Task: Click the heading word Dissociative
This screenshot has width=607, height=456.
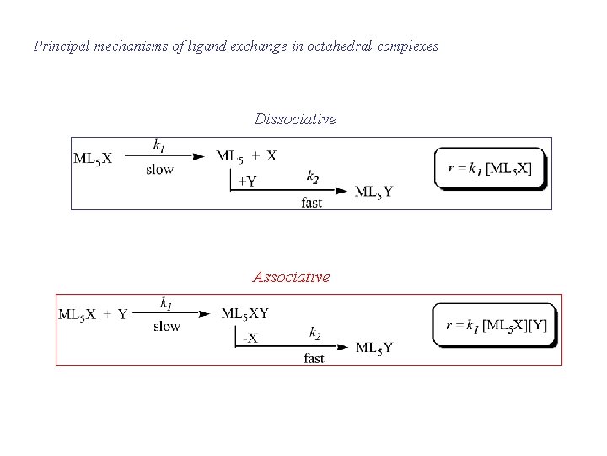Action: click(x=295, y=120)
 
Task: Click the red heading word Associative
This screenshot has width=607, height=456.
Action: click(x=291, y=277)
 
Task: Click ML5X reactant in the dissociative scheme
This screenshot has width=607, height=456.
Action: click(x=93, y=158)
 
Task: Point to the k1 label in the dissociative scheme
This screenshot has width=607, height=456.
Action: click(x=159, y=145)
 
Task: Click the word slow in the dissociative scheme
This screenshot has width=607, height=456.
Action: click(x=159, y=170)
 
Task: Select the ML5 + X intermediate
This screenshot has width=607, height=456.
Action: click(x=246, y=155)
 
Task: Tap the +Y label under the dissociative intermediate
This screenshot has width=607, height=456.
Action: click(x=247, y=181)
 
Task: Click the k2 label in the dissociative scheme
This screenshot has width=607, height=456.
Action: click(x=313, y=176)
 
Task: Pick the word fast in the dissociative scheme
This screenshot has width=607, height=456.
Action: click(x=312, y=203)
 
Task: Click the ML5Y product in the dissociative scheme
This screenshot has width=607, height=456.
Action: click(x=373, y=192)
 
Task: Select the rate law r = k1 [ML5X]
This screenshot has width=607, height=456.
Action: click(x=490, y=168)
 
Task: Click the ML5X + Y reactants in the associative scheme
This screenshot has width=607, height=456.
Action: click(x=93, y=315)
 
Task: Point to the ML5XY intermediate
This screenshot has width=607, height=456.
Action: click(x=245, y=313)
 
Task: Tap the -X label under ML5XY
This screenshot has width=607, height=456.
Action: click(x=250, y=338)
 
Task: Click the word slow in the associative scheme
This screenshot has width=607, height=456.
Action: click(x=167, y=327)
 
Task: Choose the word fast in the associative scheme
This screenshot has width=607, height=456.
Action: click(x=314, y=359)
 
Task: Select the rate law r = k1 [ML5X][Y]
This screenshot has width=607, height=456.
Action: click(x=497, y=324)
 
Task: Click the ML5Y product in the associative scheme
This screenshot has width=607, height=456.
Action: click(x=374, y=348)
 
